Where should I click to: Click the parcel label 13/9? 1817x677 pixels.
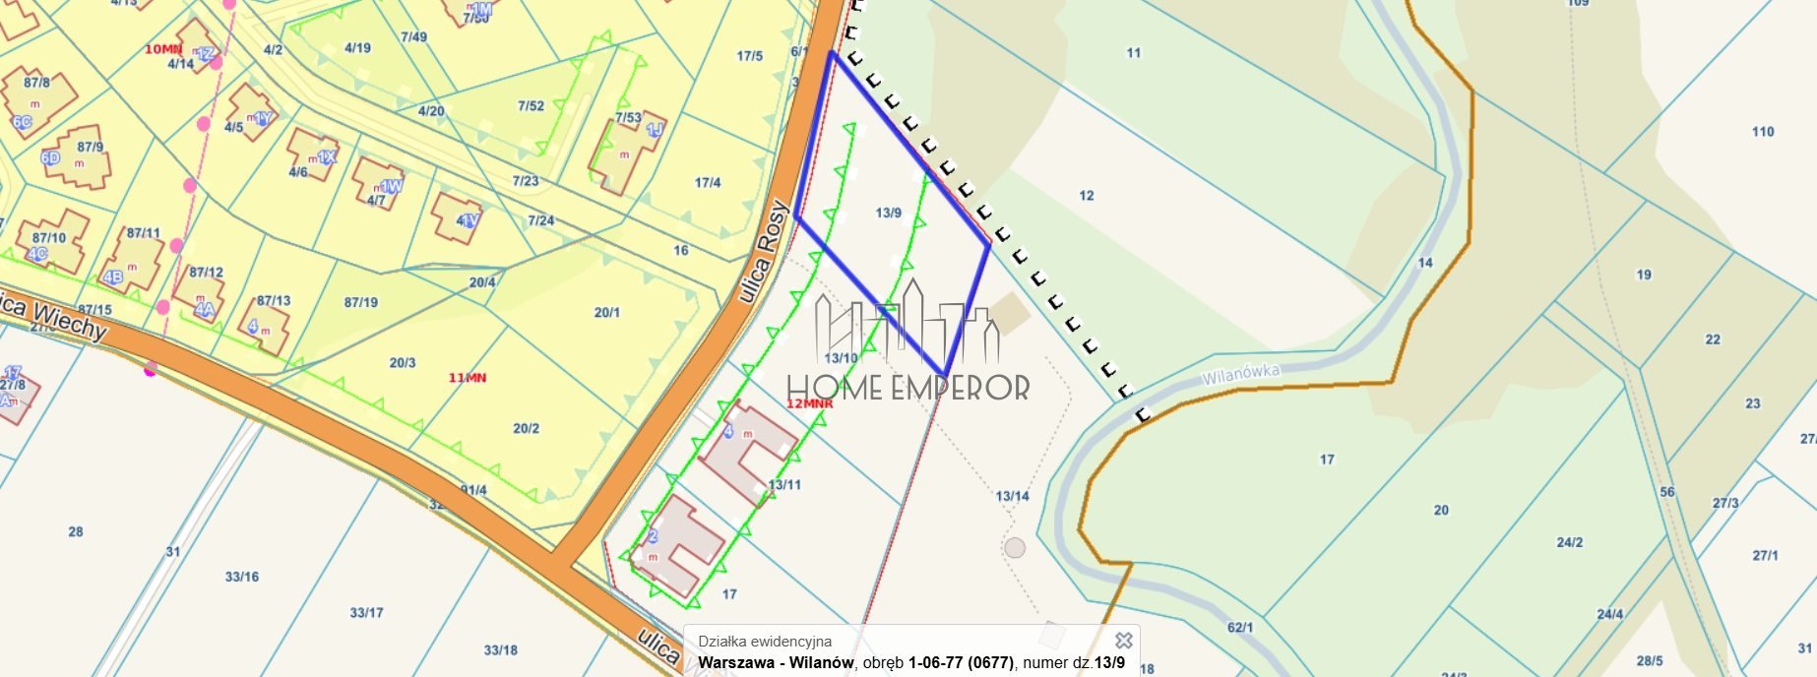[x=888, y=213]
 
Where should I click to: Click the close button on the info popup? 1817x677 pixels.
[x=1123, y=642]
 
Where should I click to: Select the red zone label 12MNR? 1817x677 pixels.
[x=810, y=403]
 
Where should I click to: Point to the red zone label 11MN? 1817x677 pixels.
[x=467, y=378]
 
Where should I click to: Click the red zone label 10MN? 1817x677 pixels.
[x=163, y=49]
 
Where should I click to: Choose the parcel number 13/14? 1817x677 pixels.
[x=1012, y=496]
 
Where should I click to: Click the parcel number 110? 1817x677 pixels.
[x=1763, y=131]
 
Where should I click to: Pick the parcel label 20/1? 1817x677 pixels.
[x=606, y=312]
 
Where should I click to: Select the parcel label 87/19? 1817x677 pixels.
[x=360, y=302]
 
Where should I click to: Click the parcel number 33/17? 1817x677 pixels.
[x=366, y=612]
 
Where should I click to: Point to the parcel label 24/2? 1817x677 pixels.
[x=1570, y=542]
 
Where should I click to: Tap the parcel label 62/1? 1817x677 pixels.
[x=1240, y=627]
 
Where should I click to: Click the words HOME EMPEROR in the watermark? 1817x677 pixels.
[x=908, y=388]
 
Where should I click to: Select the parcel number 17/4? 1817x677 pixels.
[x=708, y=182]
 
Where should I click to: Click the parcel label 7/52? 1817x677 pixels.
[x=531, y=105]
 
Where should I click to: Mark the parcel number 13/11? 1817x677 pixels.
[x=784, y=484]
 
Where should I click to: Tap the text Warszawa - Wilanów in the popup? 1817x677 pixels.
[x=776, y=662]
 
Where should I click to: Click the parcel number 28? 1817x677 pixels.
[x=76, y=531]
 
